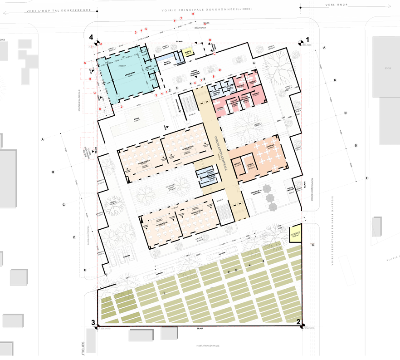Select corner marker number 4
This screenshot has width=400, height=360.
[x=92, y=37]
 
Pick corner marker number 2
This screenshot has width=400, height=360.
[x=299, y=323]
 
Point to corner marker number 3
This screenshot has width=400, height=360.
[x=93, y=323]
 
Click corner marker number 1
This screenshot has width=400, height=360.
[x=307, y=39]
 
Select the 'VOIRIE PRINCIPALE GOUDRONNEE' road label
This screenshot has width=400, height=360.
[x=204, y=10]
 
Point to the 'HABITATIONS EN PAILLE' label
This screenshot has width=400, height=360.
[x=208, y=345]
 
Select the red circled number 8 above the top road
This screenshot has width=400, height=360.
[x=193, y=14]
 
